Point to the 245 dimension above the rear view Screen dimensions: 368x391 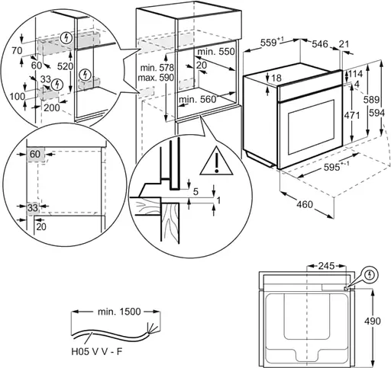point(328,267)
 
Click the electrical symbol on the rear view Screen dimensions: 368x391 point(370,272)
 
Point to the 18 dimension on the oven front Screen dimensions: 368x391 point(277,78)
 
